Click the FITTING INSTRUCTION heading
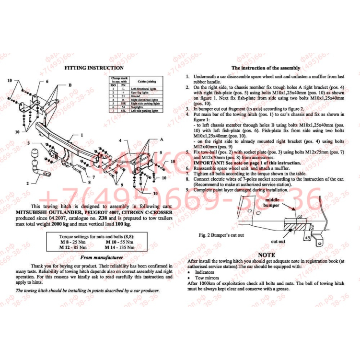coord(94,68)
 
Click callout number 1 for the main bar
coord(82,135)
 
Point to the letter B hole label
coord(70,85)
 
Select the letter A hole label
coord(155,138)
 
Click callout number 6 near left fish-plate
coord(47,81)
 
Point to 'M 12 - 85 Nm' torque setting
coord(73,248)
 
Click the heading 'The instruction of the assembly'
coord(266,68)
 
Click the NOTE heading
coord(267,255)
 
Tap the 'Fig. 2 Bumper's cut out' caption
coord(221,235)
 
